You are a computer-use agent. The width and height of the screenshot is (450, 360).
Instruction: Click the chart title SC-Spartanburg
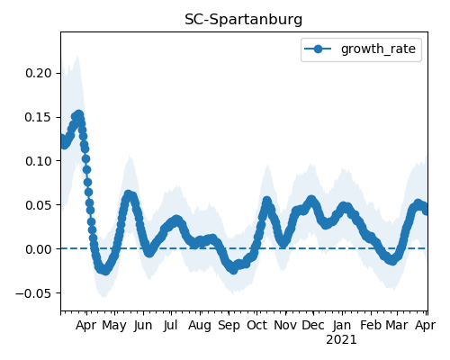click(243, 20)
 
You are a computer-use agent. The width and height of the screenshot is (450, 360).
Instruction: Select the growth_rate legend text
click(378, 49)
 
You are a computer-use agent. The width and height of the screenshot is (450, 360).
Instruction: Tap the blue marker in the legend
click(318, 49)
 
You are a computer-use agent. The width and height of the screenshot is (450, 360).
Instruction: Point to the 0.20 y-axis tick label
click(40, 73)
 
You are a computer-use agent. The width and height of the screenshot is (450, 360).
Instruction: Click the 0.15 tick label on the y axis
click(40, 117)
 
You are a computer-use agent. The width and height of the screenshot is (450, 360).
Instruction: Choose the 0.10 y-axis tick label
click(40, 161)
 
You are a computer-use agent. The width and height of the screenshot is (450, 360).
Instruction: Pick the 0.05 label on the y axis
click(40, 205)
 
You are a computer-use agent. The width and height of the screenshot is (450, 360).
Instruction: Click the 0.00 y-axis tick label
click(40, 249)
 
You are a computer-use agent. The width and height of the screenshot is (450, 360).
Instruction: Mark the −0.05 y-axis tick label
click(34, 293)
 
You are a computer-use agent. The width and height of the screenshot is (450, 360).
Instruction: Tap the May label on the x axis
click(114, 326)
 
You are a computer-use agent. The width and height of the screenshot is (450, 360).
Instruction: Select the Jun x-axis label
click(143, 326)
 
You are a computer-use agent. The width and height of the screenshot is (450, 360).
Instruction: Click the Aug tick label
click(200, 326)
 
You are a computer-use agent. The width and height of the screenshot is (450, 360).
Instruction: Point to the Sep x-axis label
click(229, 326)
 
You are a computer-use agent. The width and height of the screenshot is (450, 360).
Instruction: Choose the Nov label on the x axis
click(285, 326)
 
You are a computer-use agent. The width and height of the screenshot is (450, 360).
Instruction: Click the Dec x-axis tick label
click(313, 326)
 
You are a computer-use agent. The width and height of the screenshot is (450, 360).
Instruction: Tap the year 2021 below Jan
click(341, 340)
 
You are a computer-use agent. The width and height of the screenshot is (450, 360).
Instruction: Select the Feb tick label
click(371, 326)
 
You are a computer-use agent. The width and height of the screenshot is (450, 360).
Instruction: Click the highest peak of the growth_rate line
click(79, 115)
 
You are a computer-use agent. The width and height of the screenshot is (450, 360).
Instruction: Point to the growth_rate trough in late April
click(104, 270)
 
